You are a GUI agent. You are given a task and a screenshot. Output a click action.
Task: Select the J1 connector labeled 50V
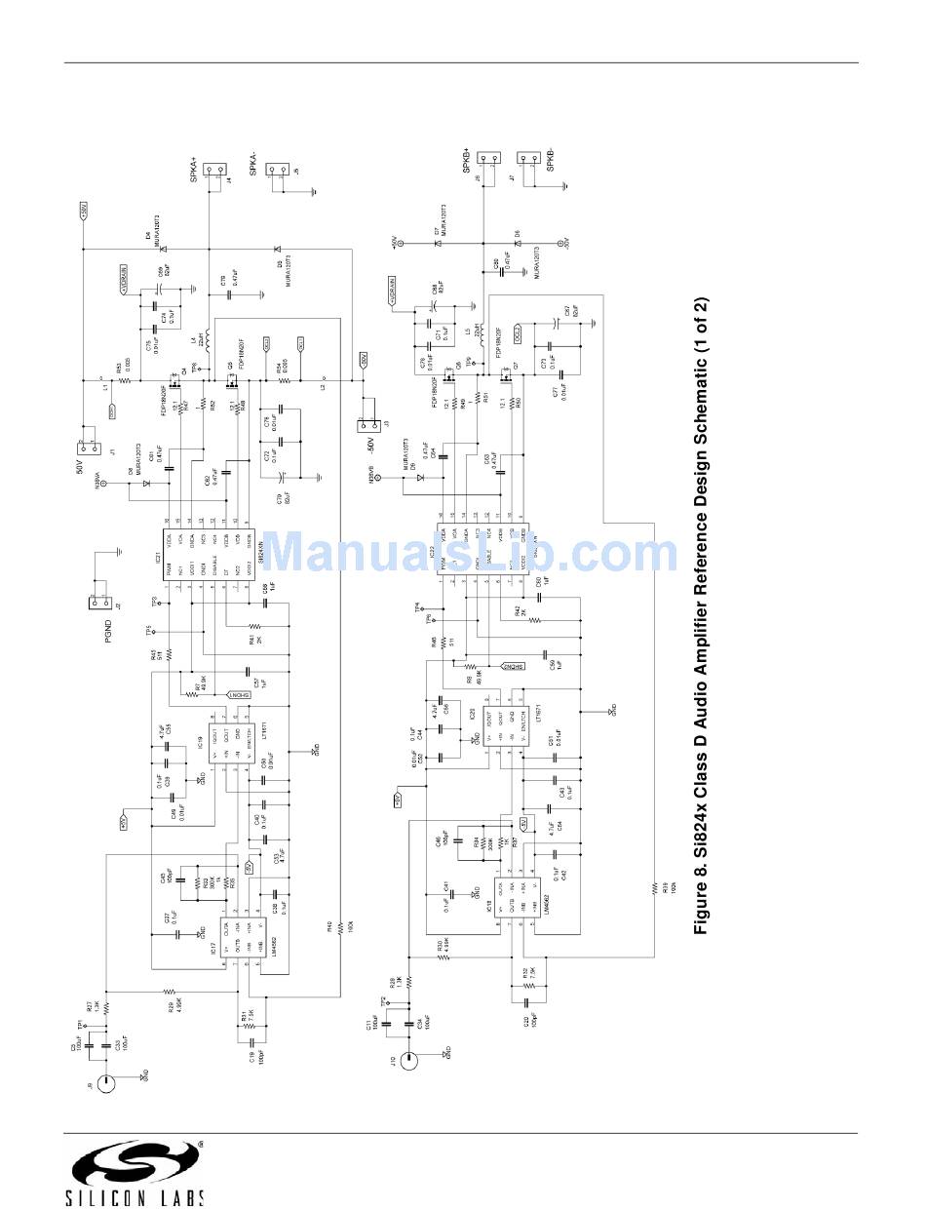[91, 446]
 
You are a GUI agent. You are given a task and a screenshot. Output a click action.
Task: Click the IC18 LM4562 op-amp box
[511, 897]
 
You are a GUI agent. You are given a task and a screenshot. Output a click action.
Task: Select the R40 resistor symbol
[340, 933]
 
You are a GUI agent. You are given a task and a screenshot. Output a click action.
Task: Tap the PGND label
[110, 634]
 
